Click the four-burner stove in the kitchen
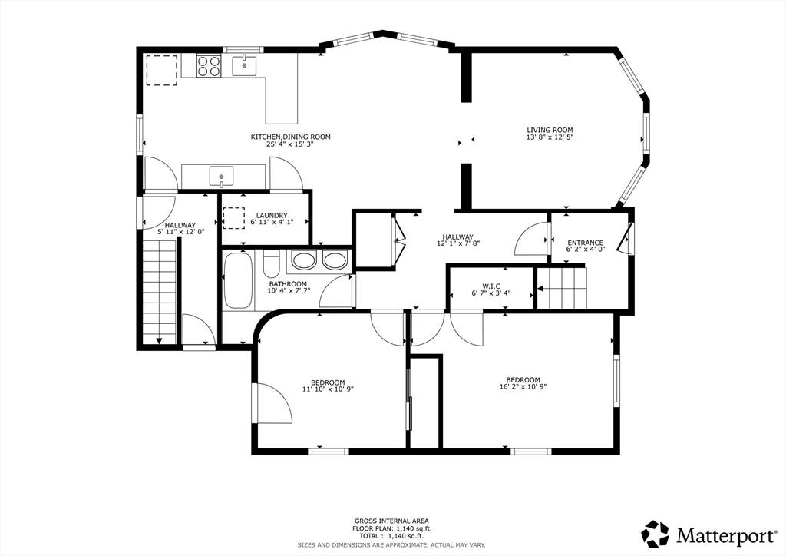pyautogui.click(x=209, y=66)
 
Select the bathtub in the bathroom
pyautogui.click(x=238, y=280)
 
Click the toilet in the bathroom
pyautogui.click(x=271, y=263)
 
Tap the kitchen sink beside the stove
pyautogui.click(x=244, y=66)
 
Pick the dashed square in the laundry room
pyautogui.click(x=233, y=219)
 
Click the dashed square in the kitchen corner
pyautogui.click(x=161, y=70)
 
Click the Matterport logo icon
pyautogui.click(x=656, y=534)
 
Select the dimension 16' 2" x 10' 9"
pyautogui.click(x=523, y=386)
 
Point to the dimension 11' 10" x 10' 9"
pyautogui.click(x=328, y=389)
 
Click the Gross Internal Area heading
pyautogui.click(x=391, y=521)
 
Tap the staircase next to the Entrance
pyautogui.click(x=562, y=288)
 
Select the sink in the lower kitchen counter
pyautogui.click(x=221, y=176)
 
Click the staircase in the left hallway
pyautogui.click(x=160, y=291)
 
